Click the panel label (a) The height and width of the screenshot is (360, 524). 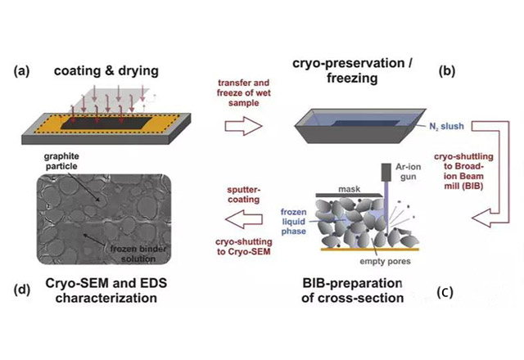click(x=21, y=70)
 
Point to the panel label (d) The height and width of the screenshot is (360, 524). click(x=21, y=286)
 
